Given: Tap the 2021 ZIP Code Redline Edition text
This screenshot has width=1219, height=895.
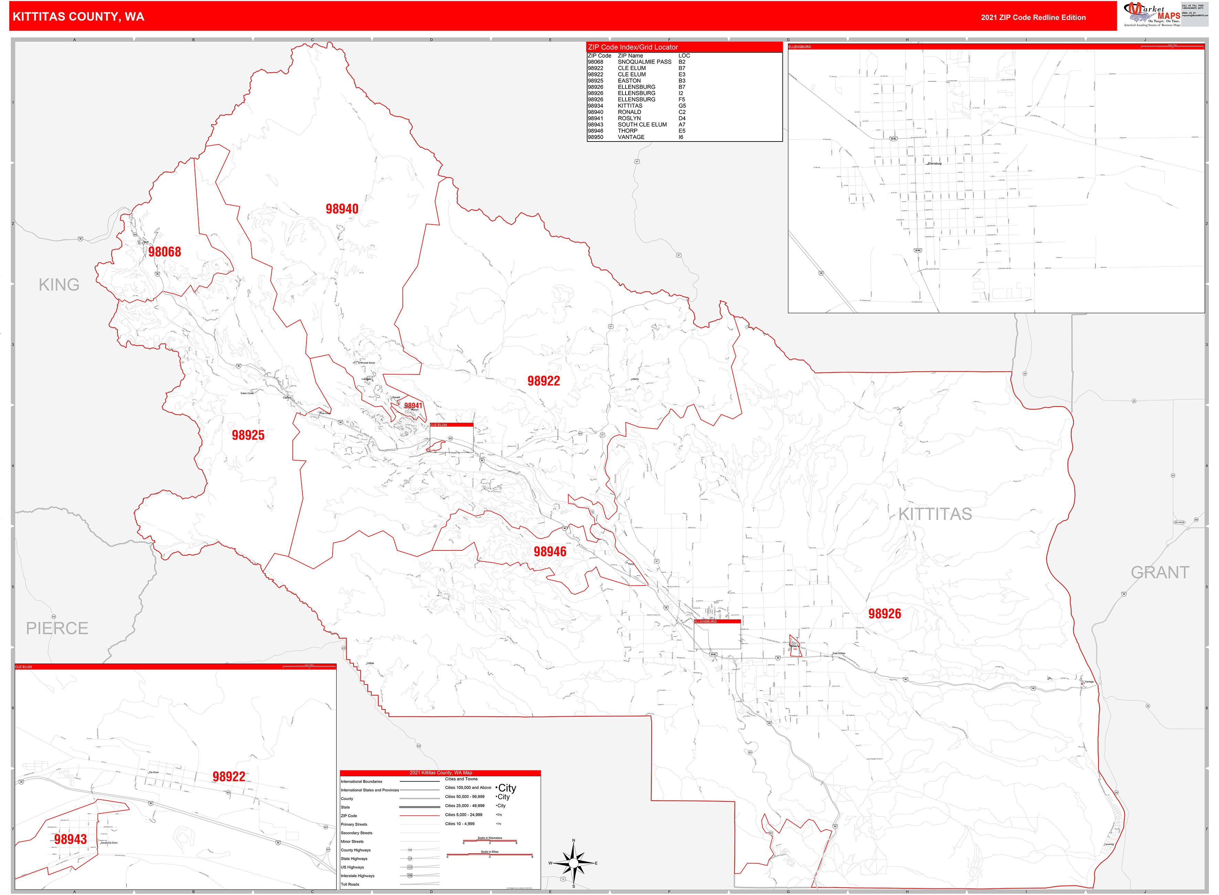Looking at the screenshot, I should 1033,17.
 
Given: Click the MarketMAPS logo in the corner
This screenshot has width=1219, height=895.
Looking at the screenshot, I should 1153,14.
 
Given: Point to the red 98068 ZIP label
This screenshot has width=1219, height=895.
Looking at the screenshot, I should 164,252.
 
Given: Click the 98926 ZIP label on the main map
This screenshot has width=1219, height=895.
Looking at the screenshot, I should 884,614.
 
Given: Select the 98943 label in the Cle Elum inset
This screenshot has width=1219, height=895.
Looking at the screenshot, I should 71,840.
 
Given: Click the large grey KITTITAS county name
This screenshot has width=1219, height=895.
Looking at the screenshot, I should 935,514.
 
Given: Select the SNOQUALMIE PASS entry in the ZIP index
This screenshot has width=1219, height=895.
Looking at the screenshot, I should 644,62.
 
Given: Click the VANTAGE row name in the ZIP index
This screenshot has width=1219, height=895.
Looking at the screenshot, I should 631,137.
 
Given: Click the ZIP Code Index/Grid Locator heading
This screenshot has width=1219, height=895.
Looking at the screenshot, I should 632,47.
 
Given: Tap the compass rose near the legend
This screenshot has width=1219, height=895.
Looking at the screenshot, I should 573,863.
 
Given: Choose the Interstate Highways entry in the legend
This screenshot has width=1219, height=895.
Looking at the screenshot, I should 358,875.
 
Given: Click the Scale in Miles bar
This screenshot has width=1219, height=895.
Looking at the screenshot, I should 489,855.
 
